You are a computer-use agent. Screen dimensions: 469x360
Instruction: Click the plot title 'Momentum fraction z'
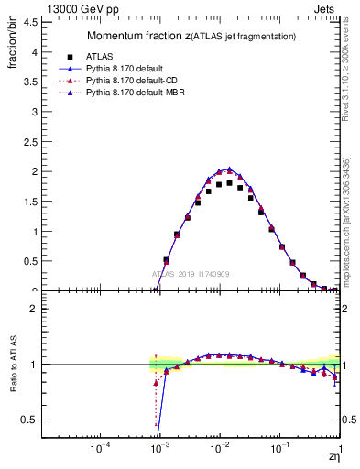(137, 36)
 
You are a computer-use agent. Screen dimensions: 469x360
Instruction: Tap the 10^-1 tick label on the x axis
(279, 450)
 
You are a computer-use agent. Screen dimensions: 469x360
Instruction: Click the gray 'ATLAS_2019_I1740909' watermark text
(191, 274)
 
